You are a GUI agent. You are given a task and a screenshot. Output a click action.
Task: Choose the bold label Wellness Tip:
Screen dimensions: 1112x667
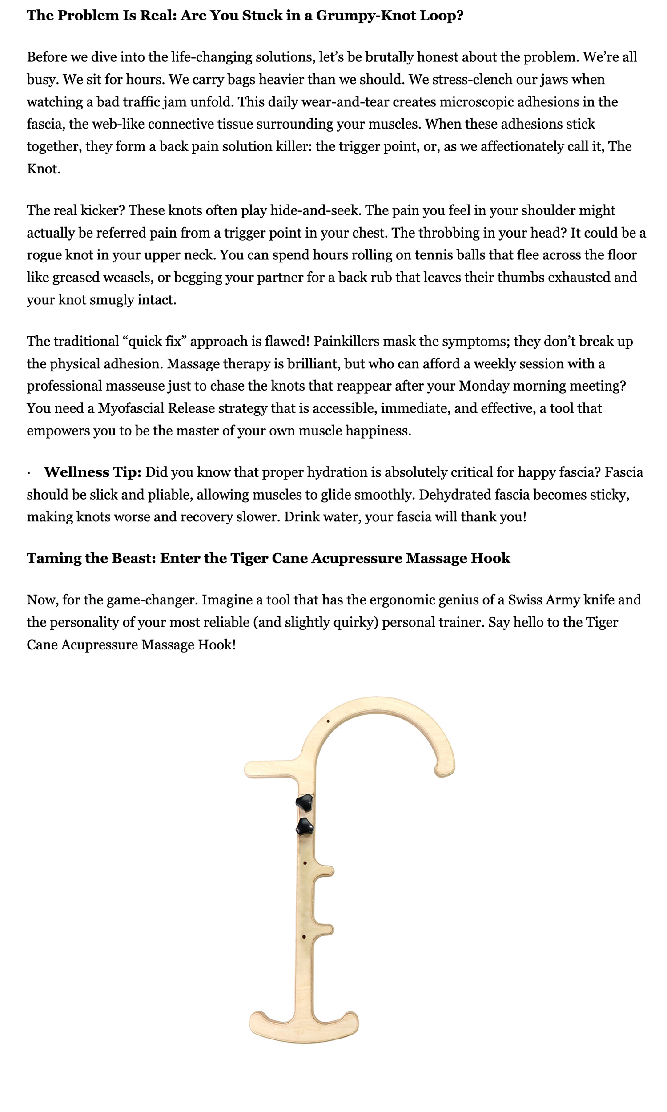[x=92, y=472]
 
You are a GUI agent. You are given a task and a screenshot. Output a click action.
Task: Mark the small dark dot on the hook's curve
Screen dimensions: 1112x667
[x=329, y=721]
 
